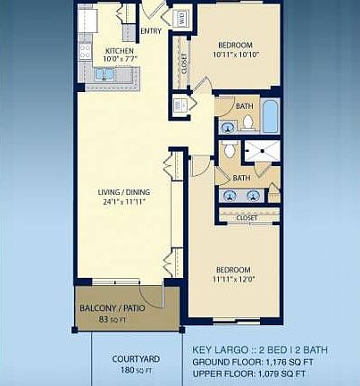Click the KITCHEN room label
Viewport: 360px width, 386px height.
[x=119, y=51]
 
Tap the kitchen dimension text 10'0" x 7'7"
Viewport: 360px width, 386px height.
[x=119, y=60]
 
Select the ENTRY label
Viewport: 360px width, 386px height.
[x=152, y=31]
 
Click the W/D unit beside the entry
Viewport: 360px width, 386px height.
[x=180, y=18]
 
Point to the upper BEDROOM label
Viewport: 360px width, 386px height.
[x=235, y=46]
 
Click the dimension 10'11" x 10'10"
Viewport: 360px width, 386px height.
[x=235, y=55]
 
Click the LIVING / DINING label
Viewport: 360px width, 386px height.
[x=122, y=192]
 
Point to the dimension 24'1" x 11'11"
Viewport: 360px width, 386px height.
[x=122, y=202]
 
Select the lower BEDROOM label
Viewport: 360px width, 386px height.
[x=234, y=269]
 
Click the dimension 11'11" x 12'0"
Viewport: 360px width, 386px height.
[x=234, y=279]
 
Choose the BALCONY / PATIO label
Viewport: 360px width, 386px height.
[x=113, y=308]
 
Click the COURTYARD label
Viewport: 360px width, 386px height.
[x=137, y=359]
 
